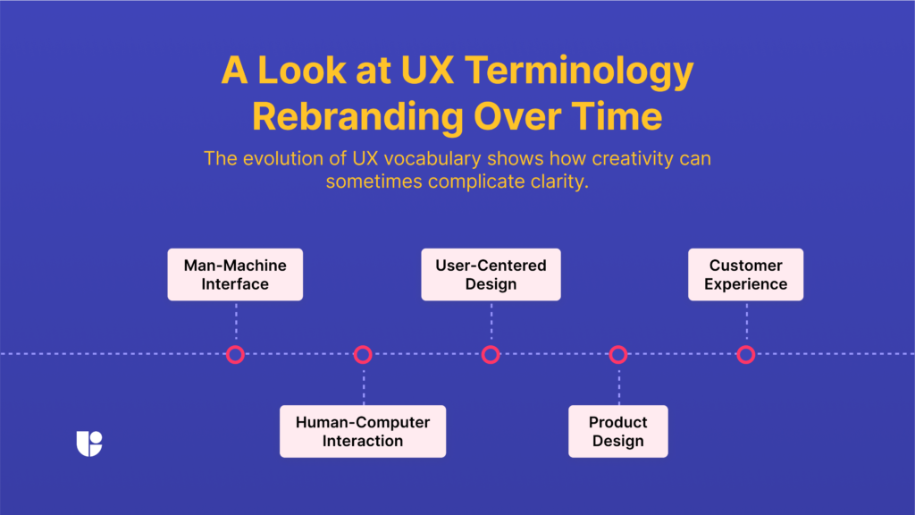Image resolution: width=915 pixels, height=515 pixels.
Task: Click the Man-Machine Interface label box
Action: [x=235, y=274]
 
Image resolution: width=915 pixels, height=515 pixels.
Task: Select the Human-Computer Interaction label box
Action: [x=363, y=431]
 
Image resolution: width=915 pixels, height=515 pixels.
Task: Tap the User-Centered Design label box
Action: [x=491, y=274]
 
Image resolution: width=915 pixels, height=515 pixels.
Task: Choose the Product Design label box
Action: [x=617, y=431]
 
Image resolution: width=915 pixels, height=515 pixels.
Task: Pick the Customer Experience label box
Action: [x=745, y=274]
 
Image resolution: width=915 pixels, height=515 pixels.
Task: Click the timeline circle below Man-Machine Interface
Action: [x=235, y=355]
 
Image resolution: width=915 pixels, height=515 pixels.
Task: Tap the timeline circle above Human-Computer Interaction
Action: [x=363, y=355]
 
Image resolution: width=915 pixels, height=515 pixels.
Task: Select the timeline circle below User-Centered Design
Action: [x=491, y=355]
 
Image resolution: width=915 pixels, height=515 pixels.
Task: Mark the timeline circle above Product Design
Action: [x=618, y=355]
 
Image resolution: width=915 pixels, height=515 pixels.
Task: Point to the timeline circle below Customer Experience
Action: [x=746, y=355]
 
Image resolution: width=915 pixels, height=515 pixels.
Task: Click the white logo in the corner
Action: [x=89, y=443]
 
